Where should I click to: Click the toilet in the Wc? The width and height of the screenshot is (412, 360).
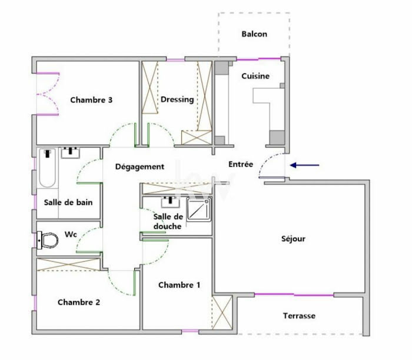[x=48, y=240]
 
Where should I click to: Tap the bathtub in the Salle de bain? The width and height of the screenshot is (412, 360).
[x=48, y=168]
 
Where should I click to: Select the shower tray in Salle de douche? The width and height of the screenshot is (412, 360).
[x=199, y=209]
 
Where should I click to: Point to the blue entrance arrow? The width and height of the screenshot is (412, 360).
[x=304, y=165]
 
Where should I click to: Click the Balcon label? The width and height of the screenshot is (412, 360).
[x=254, y=34]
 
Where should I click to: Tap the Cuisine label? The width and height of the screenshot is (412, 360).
[x=255, y=76]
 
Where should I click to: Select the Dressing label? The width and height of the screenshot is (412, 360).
[x=177, y=99]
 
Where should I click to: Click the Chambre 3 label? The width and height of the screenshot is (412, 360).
[x=91, y=100]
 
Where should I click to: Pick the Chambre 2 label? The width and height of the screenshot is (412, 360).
[x=79, y=302]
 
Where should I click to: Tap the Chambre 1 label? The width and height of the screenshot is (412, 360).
[x=179, y=285]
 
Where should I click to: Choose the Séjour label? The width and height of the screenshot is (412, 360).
[x=293, y=239]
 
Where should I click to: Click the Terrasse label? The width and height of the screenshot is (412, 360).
[x=299, y=316]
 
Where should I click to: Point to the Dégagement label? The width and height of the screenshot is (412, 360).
[x=140, y=166]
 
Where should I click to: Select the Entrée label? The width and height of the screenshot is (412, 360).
[x=241, y=164]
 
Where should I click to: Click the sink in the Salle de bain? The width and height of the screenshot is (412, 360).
[x=71, y=153]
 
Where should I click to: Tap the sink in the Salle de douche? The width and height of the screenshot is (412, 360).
[x=171, y=202]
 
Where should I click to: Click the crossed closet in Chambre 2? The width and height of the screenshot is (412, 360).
[x=68, y=265]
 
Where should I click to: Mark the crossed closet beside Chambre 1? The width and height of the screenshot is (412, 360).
[x=222, y=312]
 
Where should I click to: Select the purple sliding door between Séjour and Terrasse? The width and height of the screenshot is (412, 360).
[x=294, y=295]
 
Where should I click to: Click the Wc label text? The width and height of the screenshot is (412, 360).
[x=71, y=234]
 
